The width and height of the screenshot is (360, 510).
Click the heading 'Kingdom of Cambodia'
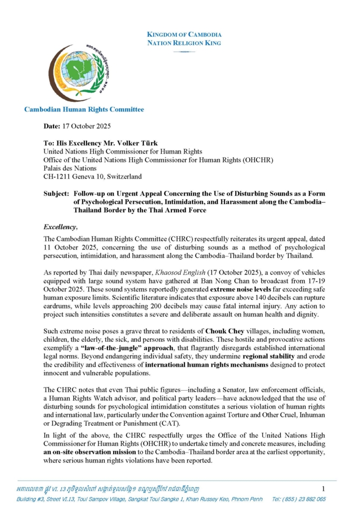click(x=184, y=35)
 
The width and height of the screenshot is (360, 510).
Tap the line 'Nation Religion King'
click(x=184, y=43)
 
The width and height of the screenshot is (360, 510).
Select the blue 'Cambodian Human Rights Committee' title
click(x=84, y=109)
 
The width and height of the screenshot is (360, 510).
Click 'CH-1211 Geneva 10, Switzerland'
click(x=93, y=176)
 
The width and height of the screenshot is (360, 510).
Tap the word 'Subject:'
click(x=57, y=193)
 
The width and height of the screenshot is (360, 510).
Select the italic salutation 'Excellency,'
click(x=60, y=227)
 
